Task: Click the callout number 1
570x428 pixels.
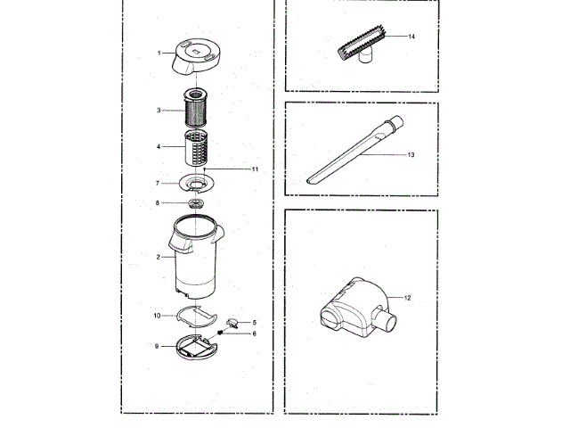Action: click(x=159, y=53)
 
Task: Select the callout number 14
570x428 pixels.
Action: click(x=412, y=37)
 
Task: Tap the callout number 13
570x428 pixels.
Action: click(x=411, y=155)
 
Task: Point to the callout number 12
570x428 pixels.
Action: click(x=409, y=297)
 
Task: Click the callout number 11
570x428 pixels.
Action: click(x=254, y=168)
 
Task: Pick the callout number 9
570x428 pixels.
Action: click(x=158, y=346)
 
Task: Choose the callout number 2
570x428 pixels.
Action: click(x=158, y=257)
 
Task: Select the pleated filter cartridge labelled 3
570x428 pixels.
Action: click(x=198, y=111)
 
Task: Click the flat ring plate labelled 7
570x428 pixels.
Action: click(x=197, y=185)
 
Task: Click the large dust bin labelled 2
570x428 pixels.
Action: click(x=196, y=263)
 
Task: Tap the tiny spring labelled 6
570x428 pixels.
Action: click(x=222, y=333)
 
